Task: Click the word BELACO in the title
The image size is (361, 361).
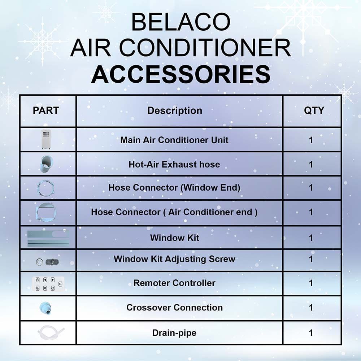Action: (x=181, y=22)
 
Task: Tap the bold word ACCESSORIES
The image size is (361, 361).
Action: (x=181, y=74)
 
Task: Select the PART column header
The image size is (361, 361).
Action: (x=46, y=110)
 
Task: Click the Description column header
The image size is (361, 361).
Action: (x=175, y=111)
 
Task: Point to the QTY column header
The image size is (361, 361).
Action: (x=314, y=110)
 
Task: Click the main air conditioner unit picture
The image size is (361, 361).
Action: (x=46, y=139)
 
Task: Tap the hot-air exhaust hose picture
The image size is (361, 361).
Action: (x=47, y=164)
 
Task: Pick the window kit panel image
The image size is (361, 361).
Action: (x=48, y=238)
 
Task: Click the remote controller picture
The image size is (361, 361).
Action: (x=48, y=284)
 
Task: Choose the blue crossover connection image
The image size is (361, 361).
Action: (x=45, y=308)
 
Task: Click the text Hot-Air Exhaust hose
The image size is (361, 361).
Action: (x=174, y=164)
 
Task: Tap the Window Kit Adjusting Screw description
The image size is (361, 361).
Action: (x=174, y=259)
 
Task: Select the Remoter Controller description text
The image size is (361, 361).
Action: (x=174, y=283)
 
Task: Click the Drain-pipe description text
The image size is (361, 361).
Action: (x=174, y=333)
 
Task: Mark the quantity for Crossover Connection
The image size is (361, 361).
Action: (x=311, y=308)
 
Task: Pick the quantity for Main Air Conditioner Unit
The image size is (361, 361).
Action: (x=311, y=140)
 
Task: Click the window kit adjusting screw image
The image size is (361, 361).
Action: (x=47, y=262)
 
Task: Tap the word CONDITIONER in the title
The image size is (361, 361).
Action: (x=205, y=48)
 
